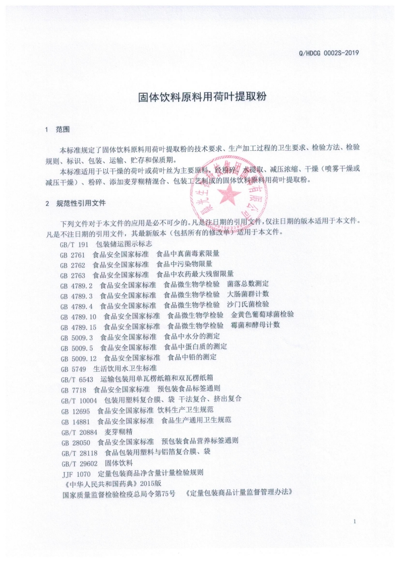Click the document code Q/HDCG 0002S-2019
328,52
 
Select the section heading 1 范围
58,130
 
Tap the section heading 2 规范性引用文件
76,204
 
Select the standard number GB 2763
73,274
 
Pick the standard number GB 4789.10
78,316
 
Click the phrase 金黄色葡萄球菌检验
263,315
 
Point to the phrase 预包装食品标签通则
189,388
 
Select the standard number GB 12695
75,410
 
